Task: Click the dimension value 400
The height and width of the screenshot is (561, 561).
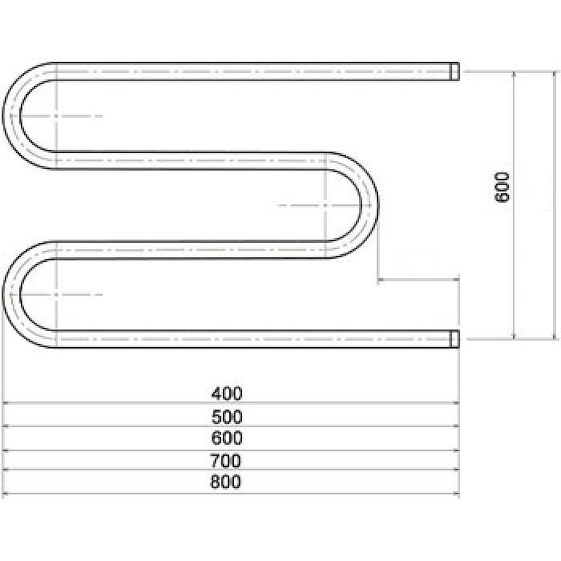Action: pyautogui.click(x=226, y=394)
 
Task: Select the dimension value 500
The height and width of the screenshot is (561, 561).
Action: pyautogui.click(x=226, y=416)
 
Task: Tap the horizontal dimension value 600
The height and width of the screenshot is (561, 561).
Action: pyautogui.click(x=226, y=438)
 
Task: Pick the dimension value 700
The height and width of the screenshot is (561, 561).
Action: pyautogui.click(x=226, y=461)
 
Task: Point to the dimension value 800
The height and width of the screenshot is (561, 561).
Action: pyautogui.click(x=226, y=482)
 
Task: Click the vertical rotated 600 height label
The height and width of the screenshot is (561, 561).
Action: pyautogui.click(x=502, y=187)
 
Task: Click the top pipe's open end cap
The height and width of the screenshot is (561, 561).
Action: pyautogui.click(x=455, y=71)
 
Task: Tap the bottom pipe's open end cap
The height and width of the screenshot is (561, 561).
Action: pyautogui.click(x=455, y=338)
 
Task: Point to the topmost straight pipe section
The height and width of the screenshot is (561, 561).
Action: pyautogui.click(x=249, y=71)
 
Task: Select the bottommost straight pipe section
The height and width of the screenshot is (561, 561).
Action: pyautogui.click(x=249, y=338)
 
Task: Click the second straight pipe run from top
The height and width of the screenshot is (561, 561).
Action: pyautogui.click(x=187, y=160)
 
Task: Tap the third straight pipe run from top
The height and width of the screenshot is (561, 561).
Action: pyautogui.click(x=187, y=249)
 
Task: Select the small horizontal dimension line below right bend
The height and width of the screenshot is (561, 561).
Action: pyautogui.click(x=418, y=280)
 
